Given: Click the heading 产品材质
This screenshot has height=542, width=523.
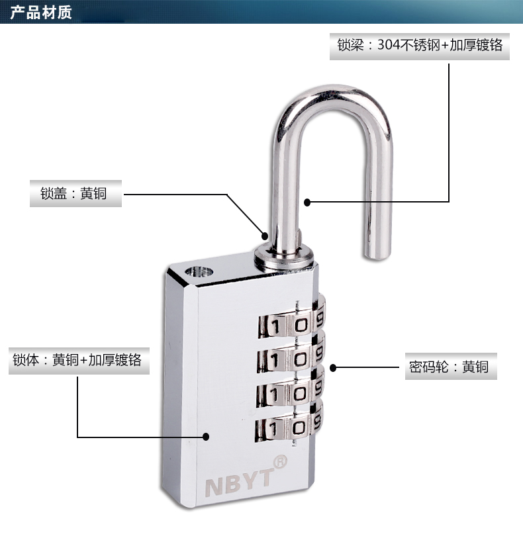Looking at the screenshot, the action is click(41, 13).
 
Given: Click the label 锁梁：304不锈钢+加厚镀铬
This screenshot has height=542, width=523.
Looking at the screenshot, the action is click(420, 45).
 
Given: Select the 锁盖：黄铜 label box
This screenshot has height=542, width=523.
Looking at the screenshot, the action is click(76, 195).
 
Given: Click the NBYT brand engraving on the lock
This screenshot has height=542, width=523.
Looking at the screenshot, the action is click(238, 482).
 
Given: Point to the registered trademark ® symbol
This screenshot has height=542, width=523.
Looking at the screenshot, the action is click(280, 459).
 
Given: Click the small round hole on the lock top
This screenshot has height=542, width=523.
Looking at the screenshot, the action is click(199, 271).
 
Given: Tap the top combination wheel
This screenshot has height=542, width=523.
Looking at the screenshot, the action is click(291, 324).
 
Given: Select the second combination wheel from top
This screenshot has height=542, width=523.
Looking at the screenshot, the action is click(291, 358).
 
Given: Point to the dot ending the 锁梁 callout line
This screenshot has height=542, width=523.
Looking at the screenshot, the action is click(307, 201).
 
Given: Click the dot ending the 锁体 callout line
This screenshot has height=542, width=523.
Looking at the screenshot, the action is click(206, 437).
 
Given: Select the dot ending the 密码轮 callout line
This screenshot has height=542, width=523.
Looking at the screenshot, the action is click(334, 367).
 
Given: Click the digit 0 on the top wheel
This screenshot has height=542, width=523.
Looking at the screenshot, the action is click(301, 324).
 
